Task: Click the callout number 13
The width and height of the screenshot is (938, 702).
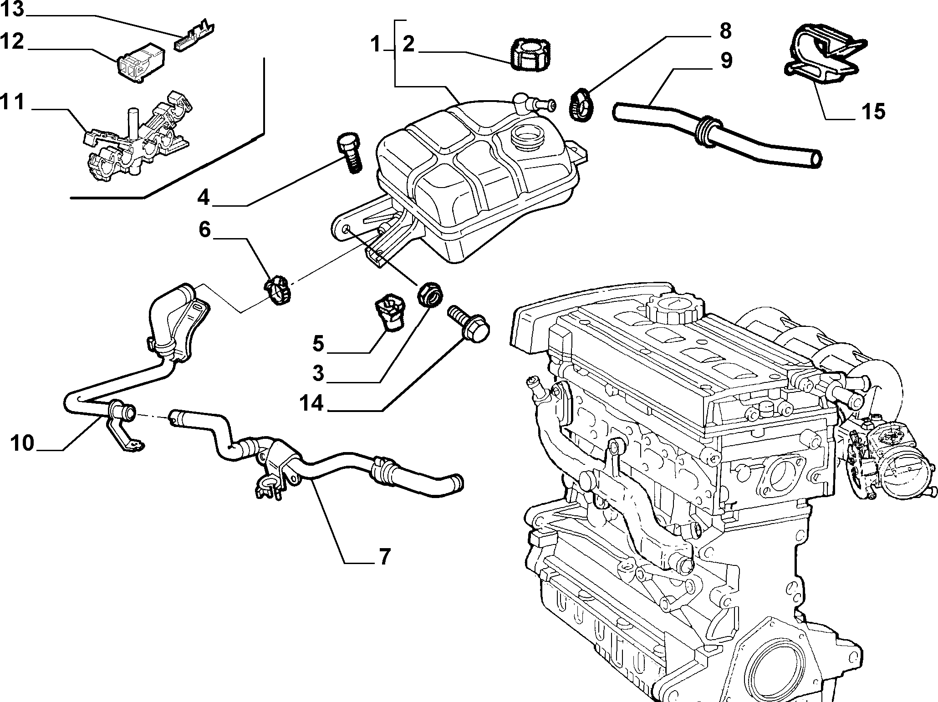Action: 12,10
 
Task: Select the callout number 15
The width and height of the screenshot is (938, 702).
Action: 872,112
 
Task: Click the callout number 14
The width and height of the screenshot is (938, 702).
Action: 311,403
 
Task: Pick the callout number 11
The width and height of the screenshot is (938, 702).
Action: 12,103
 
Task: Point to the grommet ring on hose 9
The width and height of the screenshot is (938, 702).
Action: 705,132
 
